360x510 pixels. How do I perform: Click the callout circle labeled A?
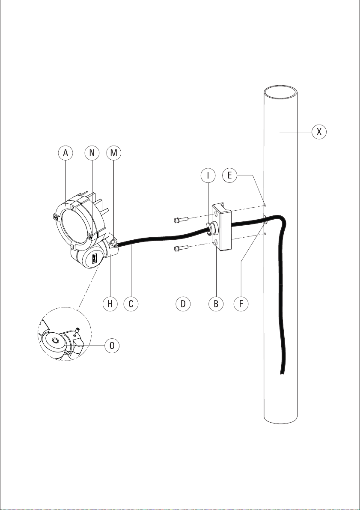click(65, 153)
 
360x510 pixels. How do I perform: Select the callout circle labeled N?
click(92, 153)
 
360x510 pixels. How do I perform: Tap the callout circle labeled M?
click(113, 153)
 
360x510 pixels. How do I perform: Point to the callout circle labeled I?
click(208, 175)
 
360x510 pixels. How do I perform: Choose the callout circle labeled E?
click(229, 175)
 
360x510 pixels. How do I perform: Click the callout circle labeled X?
click(319, 132)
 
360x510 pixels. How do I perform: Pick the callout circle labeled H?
click(110, 304)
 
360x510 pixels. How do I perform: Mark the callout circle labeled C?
click(131, 304)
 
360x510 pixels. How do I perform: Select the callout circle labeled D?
click(183, 304)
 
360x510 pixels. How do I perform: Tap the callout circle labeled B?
click(216, 304)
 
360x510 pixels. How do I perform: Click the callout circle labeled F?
click(241, 304)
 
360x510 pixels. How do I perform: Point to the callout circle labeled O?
click(112, 346)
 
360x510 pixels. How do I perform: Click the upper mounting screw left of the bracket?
click(181, 220)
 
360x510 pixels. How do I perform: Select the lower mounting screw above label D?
click(181, 248)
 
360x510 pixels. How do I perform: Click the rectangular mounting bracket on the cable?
click(222, 227)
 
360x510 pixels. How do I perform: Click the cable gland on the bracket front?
click(211, 228)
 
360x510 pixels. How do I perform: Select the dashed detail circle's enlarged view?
click(65, 334)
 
